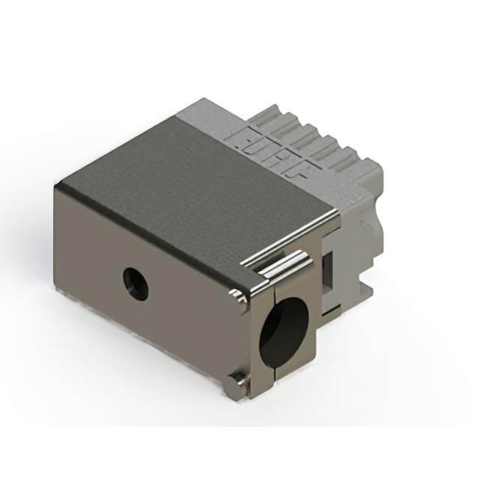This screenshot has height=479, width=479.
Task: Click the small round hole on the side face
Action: tap(135, 284)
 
